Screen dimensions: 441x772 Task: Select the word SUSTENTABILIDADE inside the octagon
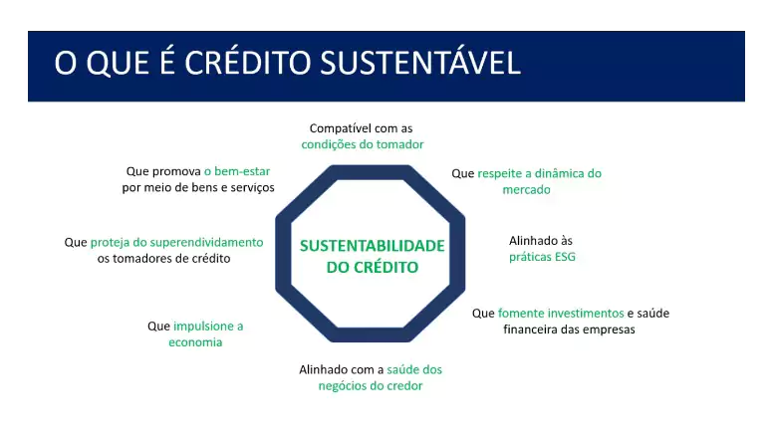coord(372,245)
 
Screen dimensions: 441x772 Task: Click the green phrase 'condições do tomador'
coord(363,144)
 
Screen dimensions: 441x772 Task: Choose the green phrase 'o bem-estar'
coord(236,171)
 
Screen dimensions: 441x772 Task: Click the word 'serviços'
coord(251,187)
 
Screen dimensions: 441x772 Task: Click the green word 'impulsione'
coord(208,326)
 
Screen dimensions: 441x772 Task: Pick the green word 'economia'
coord(195,341)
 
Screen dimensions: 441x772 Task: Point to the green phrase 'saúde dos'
coord(414,369)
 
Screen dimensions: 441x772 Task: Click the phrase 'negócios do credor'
coord(371,385)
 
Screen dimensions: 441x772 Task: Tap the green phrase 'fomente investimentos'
coord(560,313)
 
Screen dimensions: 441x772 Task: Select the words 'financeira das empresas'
coord(569,329)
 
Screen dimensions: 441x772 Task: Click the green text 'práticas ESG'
coord(542,257)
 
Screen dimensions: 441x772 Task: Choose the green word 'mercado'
coord(526,188)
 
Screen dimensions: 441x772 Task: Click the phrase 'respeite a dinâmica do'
coord(539,172)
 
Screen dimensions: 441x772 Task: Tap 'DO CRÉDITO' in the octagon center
coord(372,268)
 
